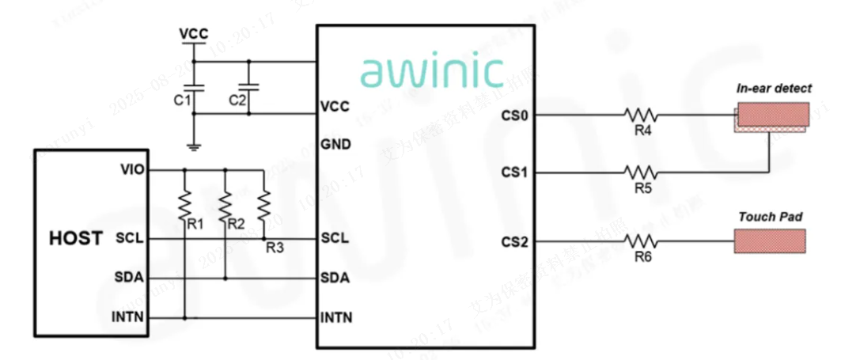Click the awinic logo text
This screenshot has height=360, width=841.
[x=432, y=70]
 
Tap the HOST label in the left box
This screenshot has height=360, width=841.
[x=75, y=237]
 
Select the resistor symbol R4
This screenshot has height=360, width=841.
[x=641, y=116]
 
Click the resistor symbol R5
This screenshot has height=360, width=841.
[x=641, y=171]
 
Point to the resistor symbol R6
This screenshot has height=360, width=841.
[x=641, y=241]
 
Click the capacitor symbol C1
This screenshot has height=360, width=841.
[x=195, y=87]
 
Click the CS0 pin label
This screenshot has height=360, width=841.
[x=514, y=116]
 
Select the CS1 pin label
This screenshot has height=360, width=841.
[x=514, y=172]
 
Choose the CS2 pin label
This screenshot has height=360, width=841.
[x=514, y=241]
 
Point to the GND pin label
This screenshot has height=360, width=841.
[x=335, y=145]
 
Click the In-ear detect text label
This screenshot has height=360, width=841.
[x=774, y=89]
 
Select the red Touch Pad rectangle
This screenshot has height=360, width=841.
[x=769, y=241]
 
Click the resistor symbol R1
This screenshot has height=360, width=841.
[x=185, y=204]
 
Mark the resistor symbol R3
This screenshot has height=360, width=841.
[x=265, y=207]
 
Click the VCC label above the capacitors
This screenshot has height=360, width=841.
[x=194, y=34]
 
